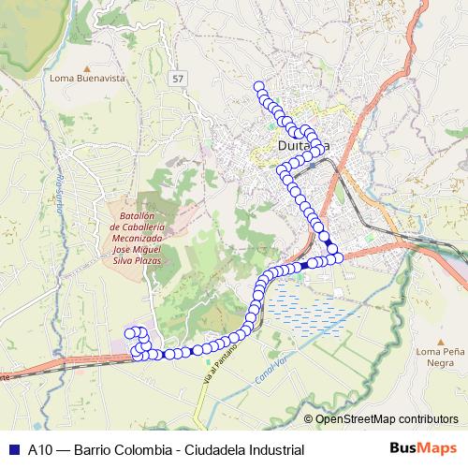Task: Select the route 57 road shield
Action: click(x=178, y=79)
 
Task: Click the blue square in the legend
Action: click(x=11, y=448)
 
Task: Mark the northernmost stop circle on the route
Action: click(x=259, y=87)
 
